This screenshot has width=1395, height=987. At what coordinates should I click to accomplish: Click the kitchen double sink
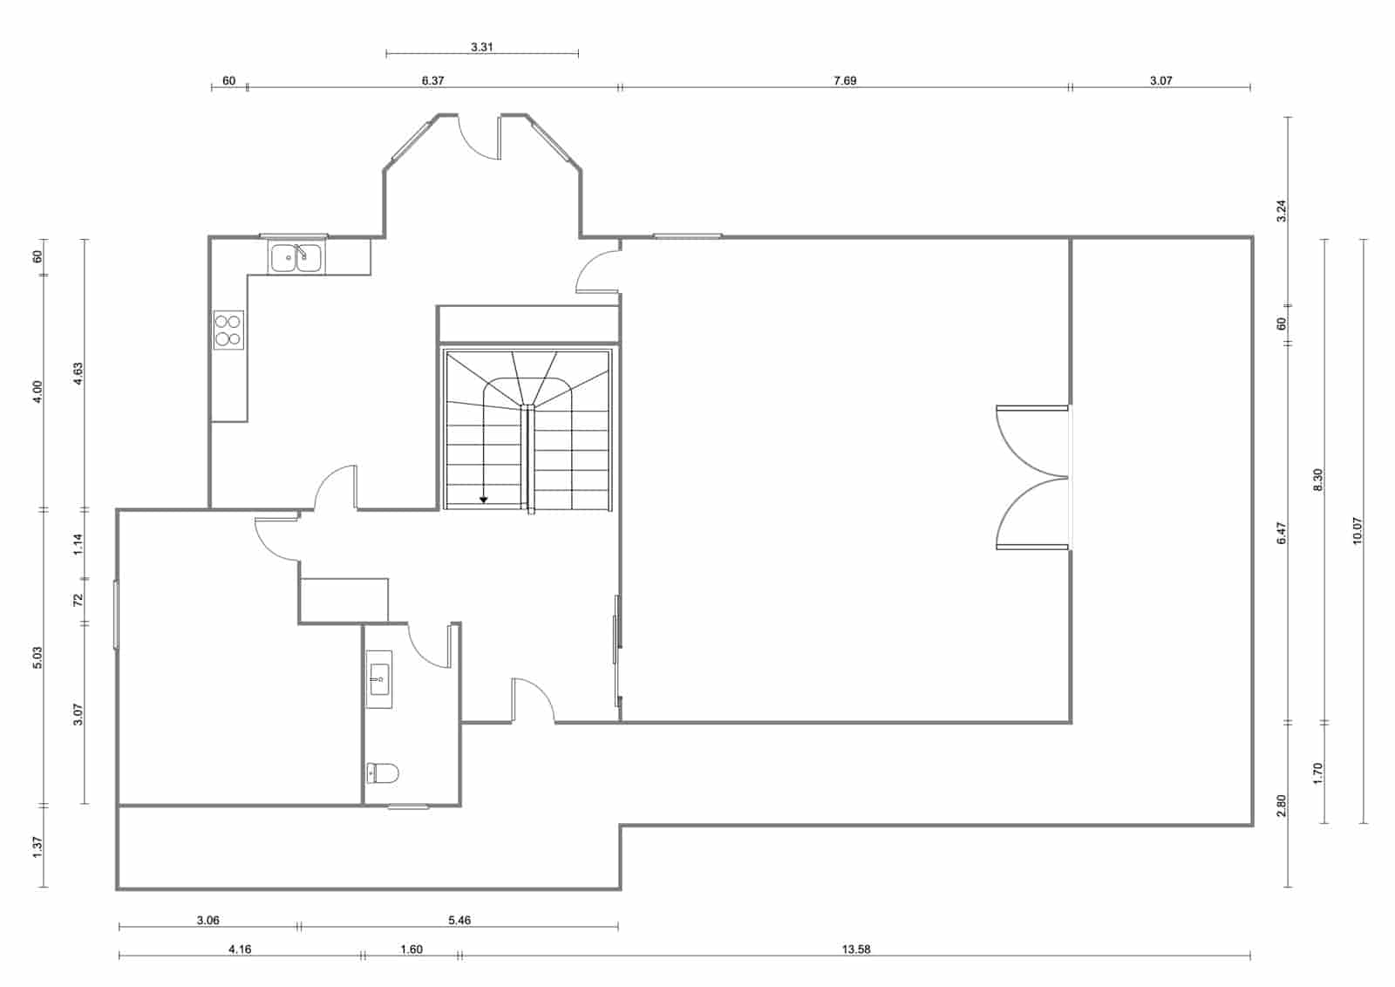[296, 258]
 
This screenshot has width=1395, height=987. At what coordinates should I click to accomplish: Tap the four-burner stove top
[228, 330]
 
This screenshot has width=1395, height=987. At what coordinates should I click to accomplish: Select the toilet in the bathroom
[383, 773]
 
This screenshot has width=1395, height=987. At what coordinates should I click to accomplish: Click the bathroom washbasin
[379, 678]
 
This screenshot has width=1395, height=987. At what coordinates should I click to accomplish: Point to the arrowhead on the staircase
[484, 500]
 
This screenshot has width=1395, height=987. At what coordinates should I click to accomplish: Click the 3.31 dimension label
[482, 47]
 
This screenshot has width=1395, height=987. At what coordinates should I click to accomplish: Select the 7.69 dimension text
[845, 80]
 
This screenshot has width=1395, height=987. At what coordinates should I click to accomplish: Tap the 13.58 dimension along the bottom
[856, 950]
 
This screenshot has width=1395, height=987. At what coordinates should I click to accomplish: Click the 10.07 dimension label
[1357, 531]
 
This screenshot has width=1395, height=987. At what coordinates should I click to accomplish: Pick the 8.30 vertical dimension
[1317, 480]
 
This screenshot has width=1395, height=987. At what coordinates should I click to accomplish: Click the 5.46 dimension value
[459, 920]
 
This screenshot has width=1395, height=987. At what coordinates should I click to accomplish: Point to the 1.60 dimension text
[411, 950]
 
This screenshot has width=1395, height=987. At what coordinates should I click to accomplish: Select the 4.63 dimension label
[78, 374]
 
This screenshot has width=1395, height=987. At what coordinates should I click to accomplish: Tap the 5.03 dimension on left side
[37, 657]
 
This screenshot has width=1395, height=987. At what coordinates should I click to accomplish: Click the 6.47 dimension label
[1281, 534]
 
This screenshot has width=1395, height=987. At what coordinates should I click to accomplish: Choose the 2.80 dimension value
[1281, 805]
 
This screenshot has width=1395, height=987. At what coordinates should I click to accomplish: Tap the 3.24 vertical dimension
[1281, 211]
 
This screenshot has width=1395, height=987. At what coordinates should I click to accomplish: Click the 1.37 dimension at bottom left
[37, 847]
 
